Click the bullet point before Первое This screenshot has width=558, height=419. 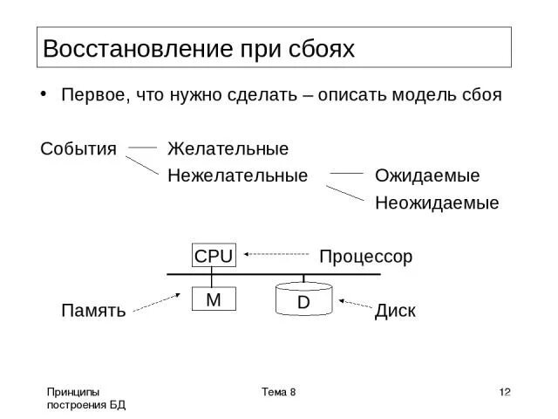pos(44,94)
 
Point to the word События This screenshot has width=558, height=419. pos(78,148)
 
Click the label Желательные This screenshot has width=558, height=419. pos(228,148)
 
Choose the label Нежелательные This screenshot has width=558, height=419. pos(238,175)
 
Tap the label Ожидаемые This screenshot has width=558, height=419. pos(427,175)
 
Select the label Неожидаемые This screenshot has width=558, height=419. pos(437,203)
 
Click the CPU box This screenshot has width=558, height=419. pos(214,256)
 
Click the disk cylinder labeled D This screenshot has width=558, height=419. pos(303,299)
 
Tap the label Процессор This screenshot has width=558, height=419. pos(365,257)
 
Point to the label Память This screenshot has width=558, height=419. pos(93,310)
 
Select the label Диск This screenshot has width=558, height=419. pos(395,310)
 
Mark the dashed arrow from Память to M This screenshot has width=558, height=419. pos(160,302)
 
